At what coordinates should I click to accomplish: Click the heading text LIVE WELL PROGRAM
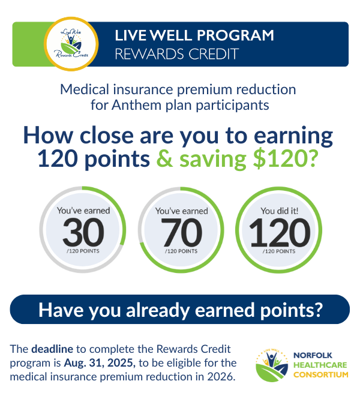[x=194, y=35]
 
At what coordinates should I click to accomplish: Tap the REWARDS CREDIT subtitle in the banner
[x=176, y=54]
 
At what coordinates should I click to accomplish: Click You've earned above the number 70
[x=181, y=211]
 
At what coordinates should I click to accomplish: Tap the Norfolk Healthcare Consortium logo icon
[x=271, y=365]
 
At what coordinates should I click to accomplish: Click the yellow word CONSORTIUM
[x=320, y=374]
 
